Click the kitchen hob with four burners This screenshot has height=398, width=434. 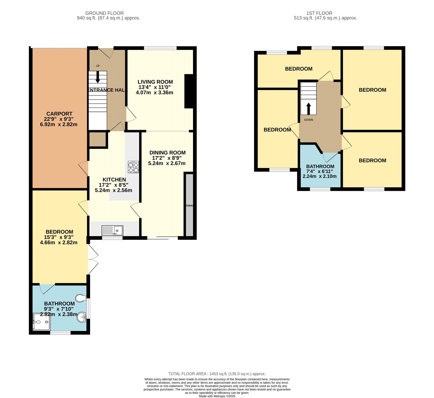[x=133, y=167]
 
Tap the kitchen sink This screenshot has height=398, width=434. [x=112, y=230]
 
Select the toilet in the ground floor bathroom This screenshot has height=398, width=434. [x=81, y=298]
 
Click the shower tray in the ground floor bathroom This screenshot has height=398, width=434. [x=41, y=322]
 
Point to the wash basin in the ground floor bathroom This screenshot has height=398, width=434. [x=81, y=317]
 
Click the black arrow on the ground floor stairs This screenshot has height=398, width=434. [x=98, y=77]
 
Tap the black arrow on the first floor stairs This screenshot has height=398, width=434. [x=308, y=109]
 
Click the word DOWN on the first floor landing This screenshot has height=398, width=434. [x=308, y=120]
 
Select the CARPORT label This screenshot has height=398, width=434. [x=59, y=114]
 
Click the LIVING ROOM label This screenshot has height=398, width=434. [x=155, y=82]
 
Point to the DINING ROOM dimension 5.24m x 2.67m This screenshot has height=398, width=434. [x=167, y=163]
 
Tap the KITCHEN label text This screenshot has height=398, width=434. [x=114, y=179]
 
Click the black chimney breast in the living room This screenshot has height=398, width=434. [x=189, y=91]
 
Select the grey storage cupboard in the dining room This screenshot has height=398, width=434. [x=189, y=205]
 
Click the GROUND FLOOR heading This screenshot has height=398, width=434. [x=104, y=13]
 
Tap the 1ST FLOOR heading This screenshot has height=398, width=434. [x=319, y=13]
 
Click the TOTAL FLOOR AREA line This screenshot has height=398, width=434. [x=217, y=374]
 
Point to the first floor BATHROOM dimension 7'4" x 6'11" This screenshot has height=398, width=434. [x=320, y=171]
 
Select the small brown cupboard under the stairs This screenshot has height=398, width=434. [x=97, y=139]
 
